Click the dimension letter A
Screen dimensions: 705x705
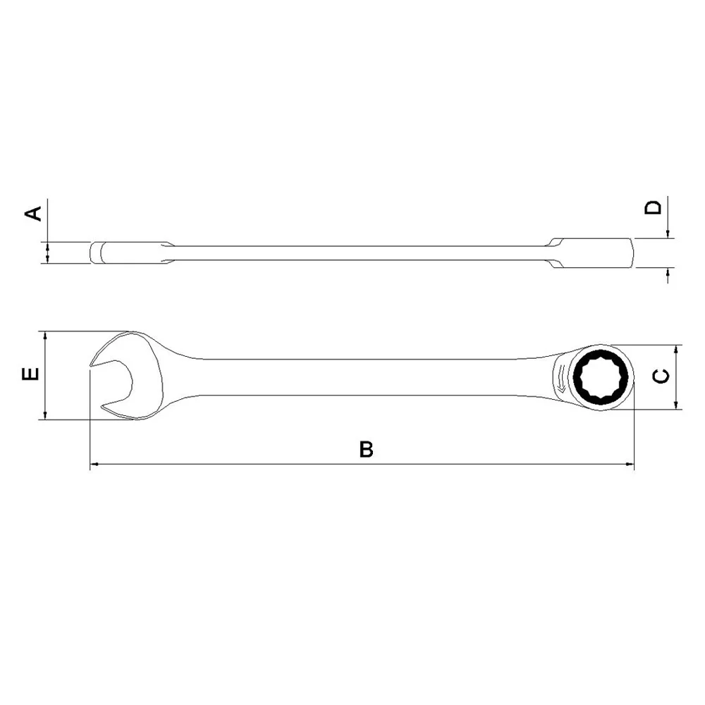click(x=33, y=213)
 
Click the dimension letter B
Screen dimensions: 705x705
click(x=366, y=450)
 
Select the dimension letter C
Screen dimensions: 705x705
click(x=661, y=376)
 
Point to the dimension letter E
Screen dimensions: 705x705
click(x=30, y=374)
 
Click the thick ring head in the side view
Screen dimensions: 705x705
click(x=596, y=254)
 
